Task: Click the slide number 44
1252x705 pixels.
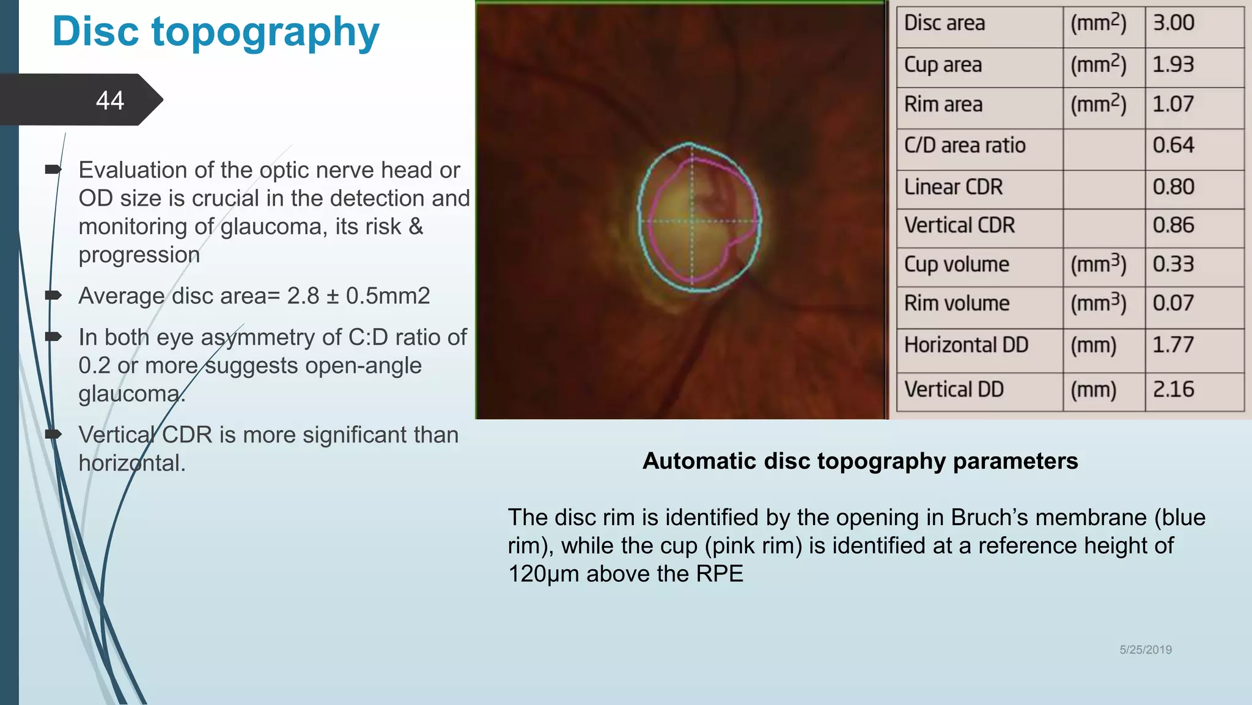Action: (x=110, y=100)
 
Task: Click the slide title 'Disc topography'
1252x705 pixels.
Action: (x=216, y=32)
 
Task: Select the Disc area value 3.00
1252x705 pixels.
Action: (x=1173, y=23)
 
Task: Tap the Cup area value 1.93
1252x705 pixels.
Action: (x=1173, y=65)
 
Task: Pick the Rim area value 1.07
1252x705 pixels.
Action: (x=1173, y=105)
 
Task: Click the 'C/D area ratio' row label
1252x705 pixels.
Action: (x=965, y=146)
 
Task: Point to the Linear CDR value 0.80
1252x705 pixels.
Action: (x=1173, y=187)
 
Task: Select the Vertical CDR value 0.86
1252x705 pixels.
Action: (x=1173, y=226)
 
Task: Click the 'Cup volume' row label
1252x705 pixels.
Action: (x=957, y=265)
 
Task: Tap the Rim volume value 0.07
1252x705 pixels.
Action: (x=1173, y=304)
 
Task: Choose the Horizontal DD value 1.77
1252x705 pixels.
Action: (x=1173, y=345)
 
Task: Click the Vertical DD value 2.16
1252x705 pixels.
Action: (x=1173, y=390)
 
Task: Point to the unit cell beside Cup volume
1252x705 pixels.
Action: (x=1098, y=265)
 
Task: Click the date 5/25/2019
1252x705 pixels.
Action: (x=1145, y=650)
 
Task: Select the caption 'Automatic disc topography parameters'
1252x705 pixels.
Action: (x=860, y=461)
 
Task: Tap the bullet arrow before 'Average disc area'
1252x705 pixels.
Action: (x=54, y=296)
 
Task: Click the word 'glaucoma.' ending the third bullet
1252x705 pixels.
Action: (x=131, y=394)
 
